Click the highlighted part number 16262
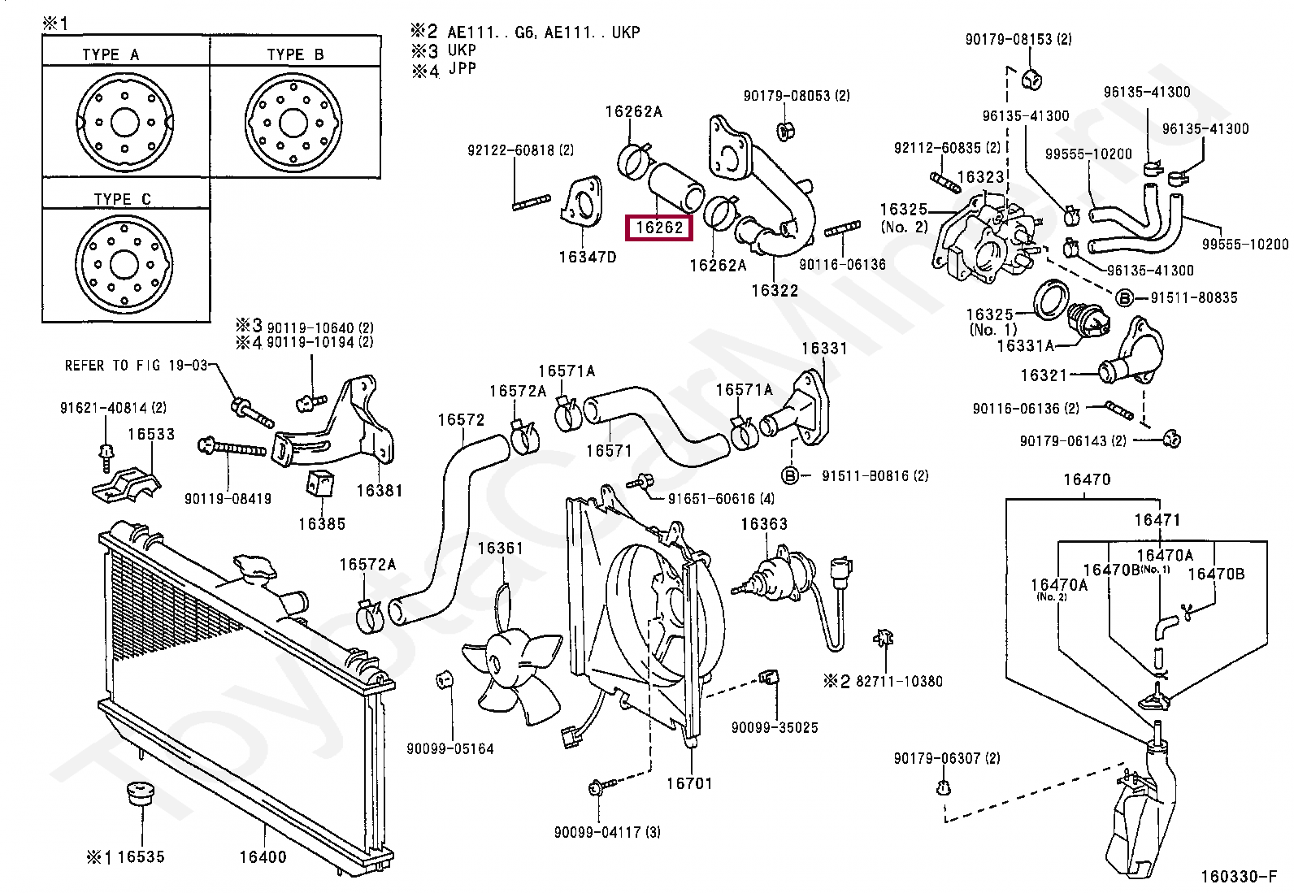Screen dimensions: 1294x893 (659, 228)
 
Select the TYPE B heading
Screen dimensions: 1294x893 (295, 55)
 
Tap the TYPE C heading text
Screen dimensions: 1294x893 (122, 199)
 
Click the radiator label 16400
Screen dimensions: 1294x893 (263, 856)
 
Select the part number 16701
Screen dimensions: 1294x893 (689, 784)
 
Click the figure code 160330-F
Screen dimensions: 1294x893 (1239, 877)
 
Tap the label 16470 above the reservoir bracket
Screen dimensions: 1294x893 (1087, 479)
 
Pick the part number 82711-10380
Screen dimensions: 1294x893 (899, 682)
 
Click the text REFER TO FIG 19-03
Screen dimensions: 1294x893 (136, 366)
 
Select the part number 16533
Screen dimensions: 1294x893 (150, 435)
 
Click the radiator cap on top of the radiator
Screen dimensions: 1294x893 (254, 568)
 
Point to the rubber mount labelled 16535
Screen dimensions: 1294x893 (141, 795)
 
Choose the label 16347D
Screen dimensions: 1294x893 (588, 257)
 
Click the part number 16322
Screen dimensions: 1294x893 (775, 290)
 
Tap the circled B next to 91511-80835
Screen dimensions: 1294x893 (1124, 298)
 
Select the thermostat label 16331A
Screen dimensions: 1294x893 (1026, 345)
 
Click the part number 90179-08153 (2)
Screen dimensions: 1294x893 (1018, 39)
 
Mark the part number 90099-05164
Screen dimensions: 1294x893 (450, 749)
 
